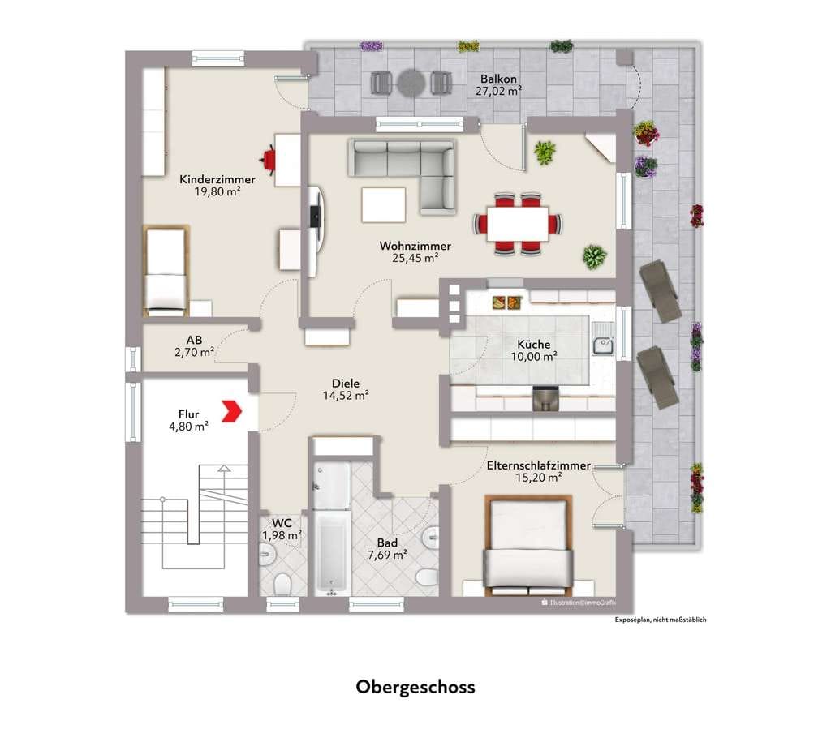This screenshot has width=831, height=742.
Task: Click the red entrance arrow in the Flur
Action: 231,411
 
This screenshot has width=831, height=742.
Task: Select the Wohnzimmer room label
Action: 415,246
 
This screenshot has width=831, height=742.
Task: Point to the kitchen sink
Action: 603,345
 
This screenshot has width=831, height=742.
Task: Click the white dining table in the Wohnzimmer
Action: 517,224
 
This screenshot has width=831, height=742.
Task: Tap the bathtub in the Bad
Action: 331,552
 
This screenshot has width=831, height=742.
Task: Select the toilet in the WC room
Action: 283,584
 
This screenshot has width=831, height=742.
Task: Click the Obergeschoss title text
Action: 415,687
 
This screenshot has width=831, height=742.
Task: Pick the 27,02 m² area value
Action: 498,91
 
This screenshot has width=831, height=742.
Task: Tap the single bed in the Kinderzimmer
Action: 166,271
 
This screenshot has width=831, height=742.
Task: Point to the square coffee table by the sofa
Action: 384,205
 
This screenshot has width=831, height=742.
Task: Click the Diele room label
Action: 346,383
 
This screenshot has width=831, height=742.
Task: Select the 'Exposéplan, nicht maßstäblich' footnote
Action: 661,620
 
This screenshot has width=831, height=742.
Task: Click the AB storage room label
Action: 194,340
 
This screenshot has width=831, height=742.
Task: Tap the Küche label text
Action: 534,345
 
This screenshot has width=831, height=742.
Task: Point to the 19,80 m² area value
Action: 217,191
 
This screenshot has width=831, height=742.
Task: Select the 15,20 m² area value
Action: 539,478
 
